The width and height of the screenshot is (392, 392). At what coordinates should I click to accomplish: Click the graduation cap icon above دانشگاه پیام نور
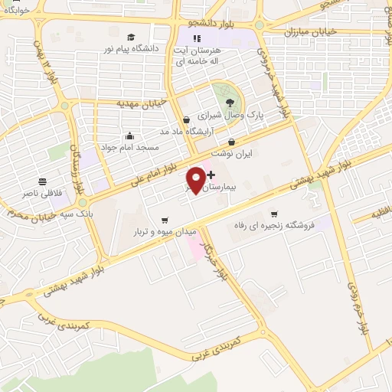pyautogui.click(x=131, y=37)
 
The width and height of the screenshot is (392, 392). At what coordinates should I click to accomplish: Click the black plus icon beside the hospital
pyautogui.click(x=211, y=175)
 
